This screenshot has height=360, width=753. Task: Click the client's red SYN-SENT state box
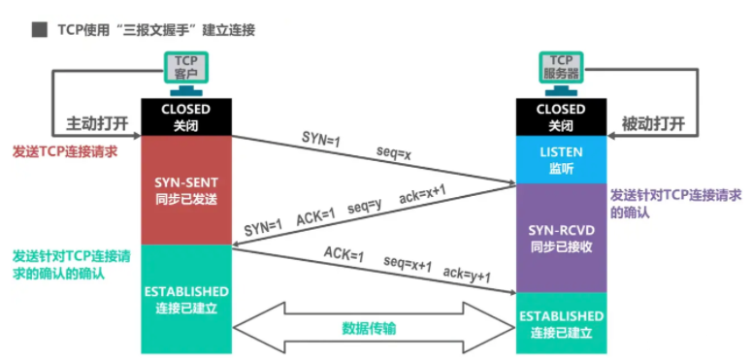pos(185,189)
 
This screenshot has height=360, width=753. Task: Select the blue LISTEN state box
pos(561,159)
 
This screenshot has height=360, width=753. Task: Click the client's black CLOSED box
pos(185,116)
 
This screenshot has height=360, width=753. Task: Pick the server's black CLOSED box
pos(561,116)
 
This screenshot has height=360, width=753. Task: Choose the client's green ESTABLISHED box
pos(185,299)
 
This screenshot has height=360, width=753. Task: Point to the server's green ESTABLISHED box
pos(561,322)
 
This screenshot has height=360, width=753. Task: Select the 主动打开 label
pos(98,124)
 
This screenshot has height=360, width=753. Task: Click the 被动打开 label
pos(652,124)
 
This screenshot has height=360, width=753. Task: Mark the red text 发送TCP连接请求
pos(65,152)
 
